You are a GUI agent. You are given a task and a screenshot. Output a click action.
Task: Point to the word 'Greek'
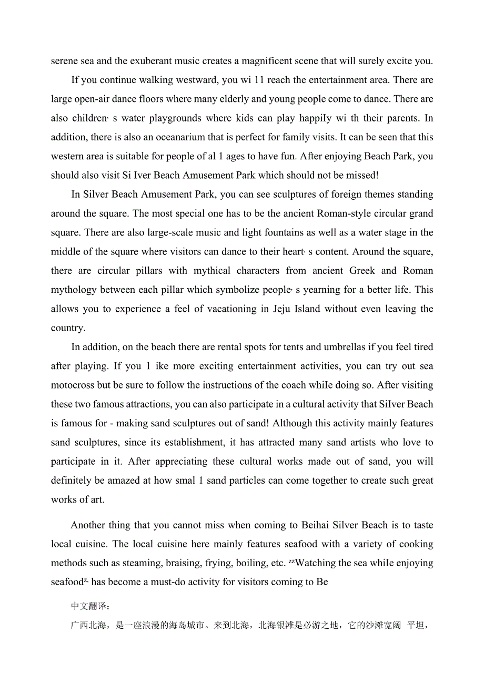[x=362, y=271]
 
